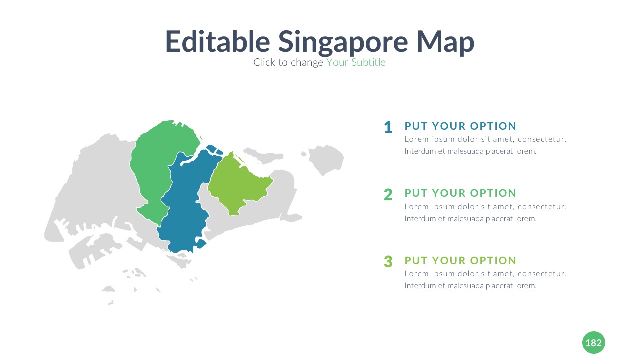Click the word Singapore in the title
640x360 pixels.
pos(343,43)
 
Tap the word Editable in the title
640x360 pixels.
pos(217,41)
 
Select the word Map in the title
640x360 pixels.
pos(445,43)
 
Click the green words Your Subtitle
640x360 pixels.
pos(356,62)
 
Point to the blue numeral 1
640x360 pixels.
pos(388,127)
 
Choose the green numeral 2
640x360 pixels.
pos(388,195)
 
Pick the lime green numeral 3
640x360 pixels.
pos(388,261)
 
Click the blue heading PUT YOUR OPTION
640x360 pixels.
pos(460,126)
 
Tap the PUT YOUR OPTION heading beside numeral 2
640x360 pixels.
pos(460,193)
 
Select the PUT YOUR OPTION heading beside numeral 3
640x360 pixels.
pos(460,261)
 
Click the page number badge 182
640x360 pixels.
pos(593,343)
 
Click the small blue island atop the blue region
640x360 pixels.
pos(215,150)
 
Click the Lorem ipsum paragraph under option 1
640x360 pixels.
pos(485,145)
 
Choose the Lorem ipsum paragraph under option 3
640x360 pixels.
pos(485,280)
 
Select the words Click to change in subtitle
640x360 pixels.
pos(288,63)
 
